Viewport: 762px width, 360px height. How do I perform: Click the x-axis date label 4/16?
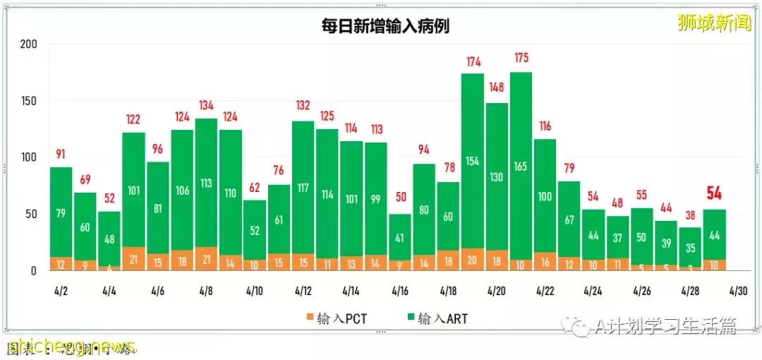click(399, 291)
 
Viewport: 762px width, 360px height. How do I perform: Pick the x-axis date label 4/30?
click(739, 291)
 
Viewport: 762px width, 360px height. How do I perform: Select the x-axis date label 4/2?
click(60, 291)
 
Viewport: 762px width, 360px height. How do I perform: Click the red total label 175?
click(521, 58)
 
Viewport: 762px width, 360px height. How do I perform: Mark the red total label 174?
click(473, 62)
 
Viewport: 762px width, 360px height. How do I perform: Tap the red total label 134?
click(206, 106)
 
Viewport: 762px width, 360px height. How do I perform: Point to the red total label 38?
click(690, 215)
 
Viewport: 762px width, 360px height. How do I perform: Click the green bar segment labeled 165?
click(521, 167)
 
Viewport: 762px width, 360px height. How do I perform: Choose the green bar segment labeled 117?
click(303, 188)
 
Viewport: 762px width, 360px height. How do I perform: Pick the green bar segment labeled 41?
click(399, 237)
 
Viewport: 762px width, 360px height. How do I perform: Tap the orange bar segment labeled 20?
click(473, 259)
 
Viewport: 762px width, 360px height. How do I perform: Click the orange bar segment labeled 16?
click(545, 261)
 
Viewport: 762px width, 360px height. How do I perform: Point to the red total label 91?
click(61, 155)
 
